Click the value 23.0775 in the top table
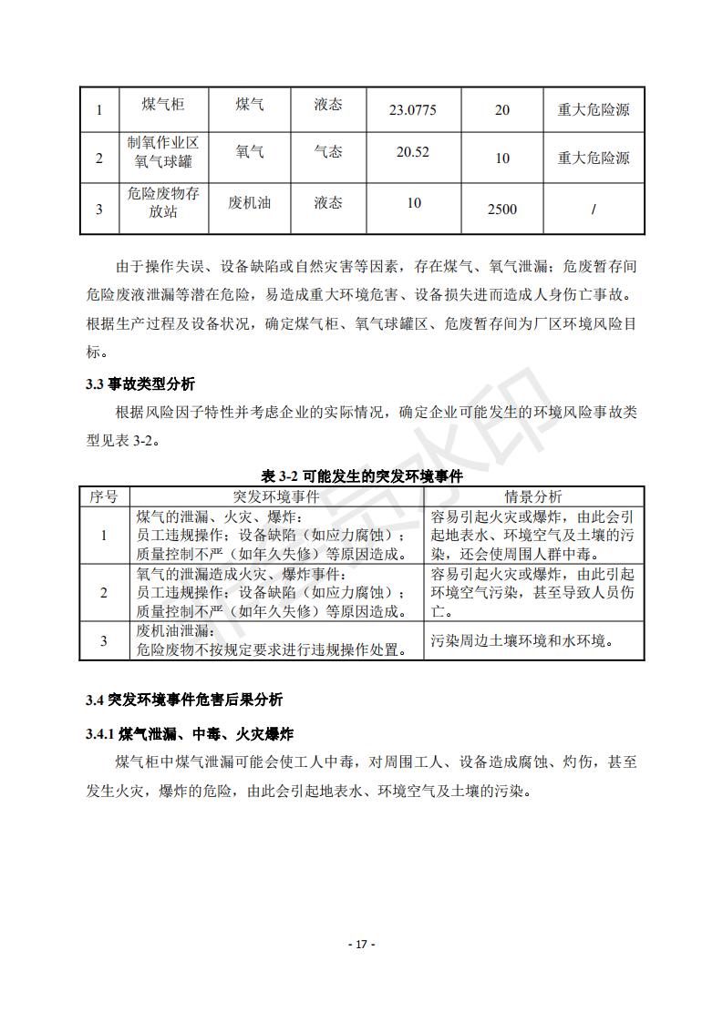pyautogui.click(x=412, y=110)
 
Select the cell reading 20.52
pyautogui.click(x=412, y=152)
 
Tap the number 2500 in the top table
pyautogui.click(x=501, y=210)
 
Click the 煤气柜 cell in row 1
pyautogui.click(x=163, y=105)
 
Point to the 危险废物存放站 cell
pyautogui.click(x=163, y=202)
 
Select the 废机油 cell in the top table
pyautogui.click(x=250, y=202)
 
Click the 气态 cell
pyautogui.click(x=328, y=152)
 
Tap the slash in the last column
pyautogui.click(x=594, y=210)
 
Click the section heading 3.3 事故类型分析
pyautogui.click(x=140, y=384)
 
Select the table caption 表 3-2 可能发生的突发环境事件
pyautogui.click(x=362, y=476)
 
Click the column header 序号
pyautogui.click(x=103, y=496)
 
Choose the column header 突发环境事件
pyautogui.click(x=276, y=496)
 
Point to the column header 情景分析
pyautogui.click(x=533, y=496)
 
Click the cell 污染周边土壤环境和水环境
pyautogui.click(x=521, y=640)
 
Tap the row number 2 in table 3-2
pyautogui.click(x=103, y=593)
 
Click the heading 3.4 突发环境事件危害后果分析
pyautogui.click(x=184, y=700)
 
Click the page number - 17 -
pyautogui.click(x=362, y=944)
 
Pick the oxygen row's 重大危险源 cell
pyautogui.click(x=594, y=158)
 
